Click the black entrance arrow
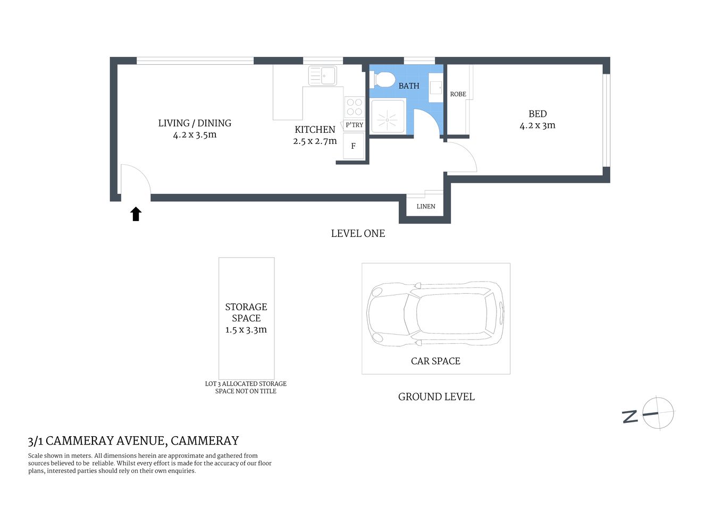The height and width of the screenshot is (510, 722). pos(136,214)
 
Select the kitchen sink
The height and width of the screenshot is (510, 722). pos(322,75)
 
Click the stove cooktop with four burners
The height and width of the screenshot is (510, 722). pos(354,107)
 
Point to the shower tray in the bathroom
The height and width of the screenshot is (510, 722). pos(388,116)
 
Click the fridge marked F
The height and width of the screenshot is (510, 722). pos(353,146)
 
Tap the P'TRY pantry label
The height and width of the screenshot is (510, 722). pos(354,125)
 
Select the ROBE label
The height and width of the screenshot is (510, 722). pos(458,94)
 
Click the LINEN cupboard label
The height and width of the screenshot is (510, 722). pos(425,206)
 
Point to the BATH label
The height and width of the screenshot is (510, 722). pos(409,86)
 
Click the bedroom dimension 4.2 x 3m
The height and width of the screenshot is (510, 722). pos(537,126)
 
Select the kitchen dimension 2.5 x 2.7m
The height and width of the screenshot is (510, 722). pos(315,141)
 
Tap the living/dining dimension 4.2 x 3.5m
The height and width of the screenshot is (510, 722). pos(195,135)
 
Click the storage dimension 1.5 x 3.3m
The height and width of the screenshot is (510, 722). pos(246,330)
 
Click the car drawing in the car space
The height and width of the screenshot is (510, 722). pos(435,314)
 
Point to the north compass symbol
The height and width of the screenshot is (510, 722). pos(657,413)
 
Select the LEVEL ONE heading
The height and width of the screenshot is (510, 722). pos(358,233)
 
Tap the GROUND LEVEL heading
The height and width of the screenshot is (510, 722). pos(436,397)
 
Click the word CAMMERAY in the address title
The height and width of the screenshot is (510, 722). pos(205,441)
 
